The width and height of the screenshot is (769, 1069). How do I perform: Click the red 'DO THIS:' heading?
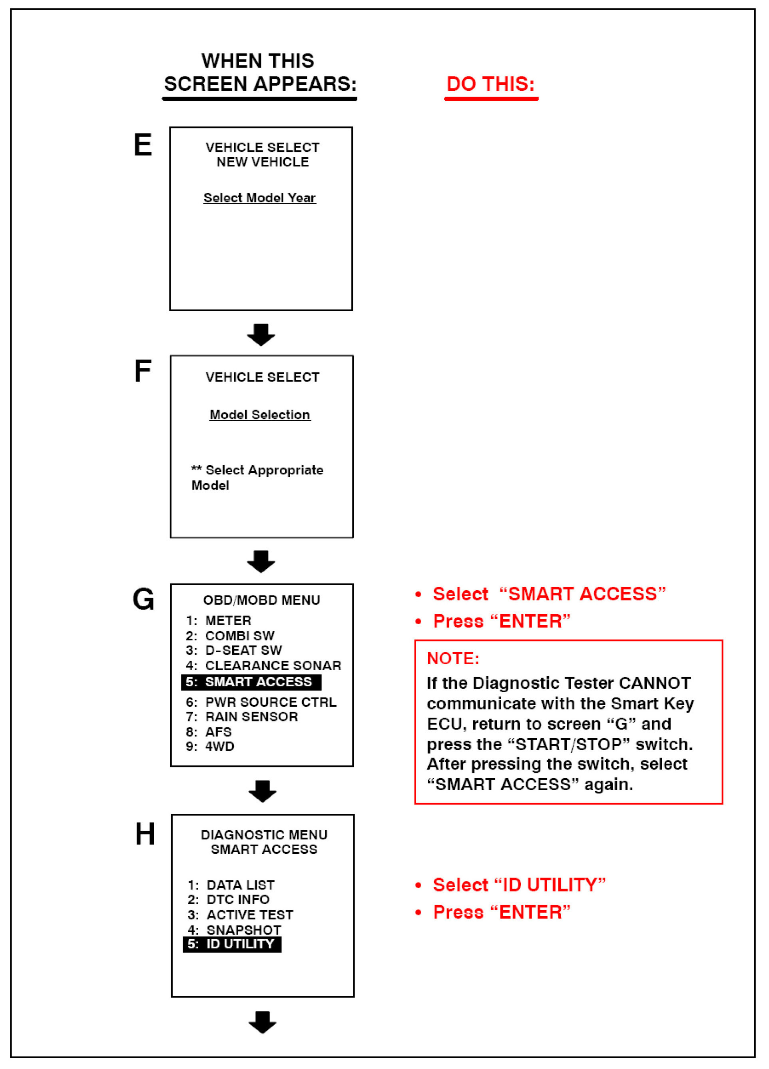point(490,84)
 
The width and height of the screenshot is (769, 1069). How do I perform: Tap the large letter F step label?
point(143,371)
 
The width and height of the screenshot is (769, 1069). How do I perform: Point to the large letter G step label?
point(143,599)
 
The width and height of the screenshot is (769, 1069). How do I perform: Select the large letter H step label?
point(145,834)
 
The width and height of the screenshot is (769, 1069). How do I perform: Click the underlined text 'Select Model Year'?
point(260,198)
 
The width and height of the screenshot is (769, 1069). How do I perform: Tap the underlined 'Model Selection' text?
point(260,415)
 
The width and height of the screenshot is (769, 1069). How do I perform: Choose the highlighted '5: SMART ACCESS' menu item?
point(251,682)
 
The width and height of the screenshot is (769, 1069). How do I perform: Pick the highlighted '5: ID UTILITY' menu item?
point(232,944)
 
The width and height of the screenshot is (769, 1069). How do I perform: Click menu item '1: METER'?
point(219,620)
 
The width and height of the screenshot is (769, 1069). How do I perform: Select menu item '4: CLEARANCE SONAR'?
point(263,665)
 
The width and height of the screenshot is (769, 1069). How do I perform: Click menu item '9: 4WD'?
point(210,747)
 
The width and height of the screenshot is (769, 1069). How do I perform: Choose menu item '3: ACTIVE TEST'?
point(240,915)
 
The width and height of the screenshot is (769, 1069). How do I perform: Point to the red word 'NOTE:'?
point(453,658)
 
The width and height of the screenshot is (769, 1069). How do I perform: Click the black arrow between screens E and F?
point(261,335)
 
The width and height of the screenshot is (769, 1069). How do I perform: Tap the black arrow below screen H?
point(263,1022)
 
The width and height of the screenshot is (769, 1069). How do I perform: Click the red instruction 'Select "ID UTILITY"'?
point(519,885)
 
